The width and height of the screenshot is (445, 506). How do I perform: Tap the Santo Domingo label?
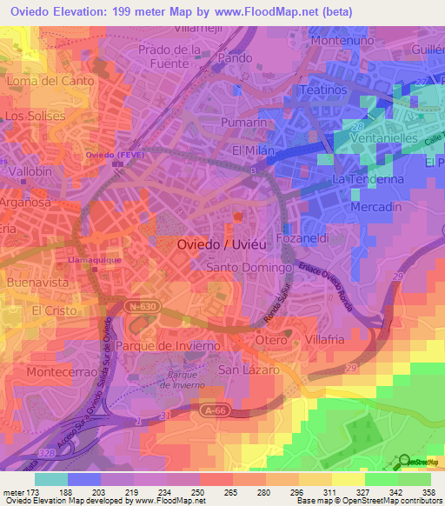click(x=248, y=268)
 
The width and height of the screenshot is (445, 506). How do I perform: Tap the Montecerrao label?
click(x=59, y=370)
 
